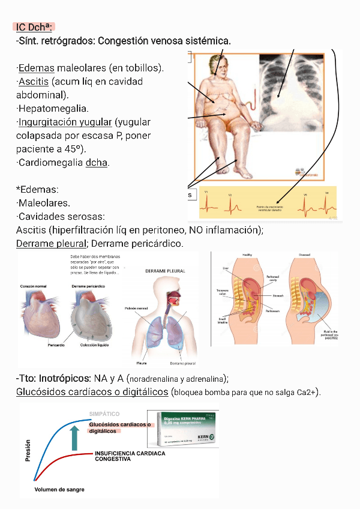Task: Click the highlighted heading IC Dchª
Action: click(x=35, y=27)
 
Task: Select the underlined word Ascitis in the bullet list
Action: click(x=33, y=82)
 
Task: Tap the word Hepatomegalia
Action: click(x=53, y=109)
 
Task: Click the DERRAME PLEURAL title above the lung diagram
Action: click(x=164, y=271)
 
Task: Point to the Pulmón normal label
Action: click(x=136, y=308)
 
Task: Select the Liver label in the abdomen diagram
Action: click(x=225, y=268)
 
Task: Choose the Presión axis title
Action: click(x=28, y=450)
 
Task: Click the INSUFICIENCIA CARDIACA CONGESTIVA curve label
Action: click(x=130, y=456)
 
